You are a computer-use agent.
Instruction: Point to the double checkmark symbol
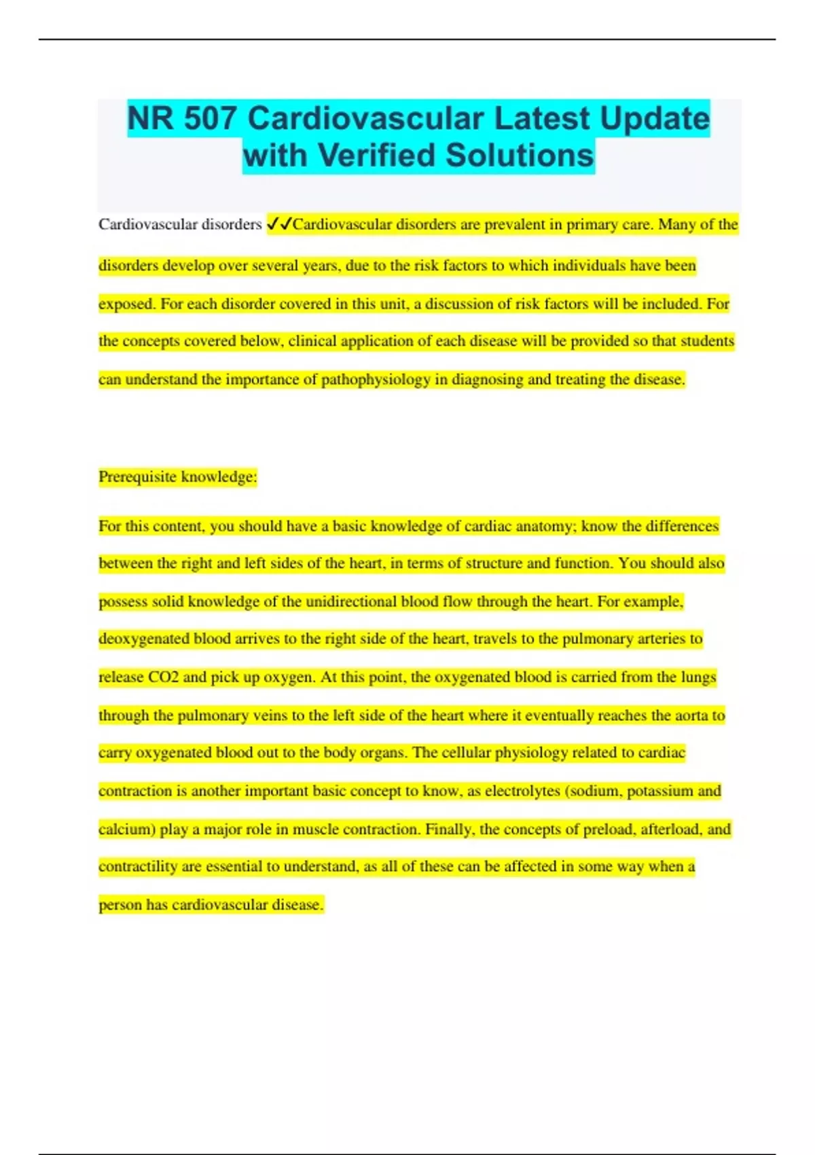(x=278, y=224)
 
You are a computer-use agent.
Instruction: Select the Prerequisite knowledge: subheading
(x=178, y=477)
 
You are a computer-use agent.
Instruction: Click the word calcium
(x=125, y=829)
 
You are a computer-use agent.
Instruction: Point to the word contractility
(x=139, y=866)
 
